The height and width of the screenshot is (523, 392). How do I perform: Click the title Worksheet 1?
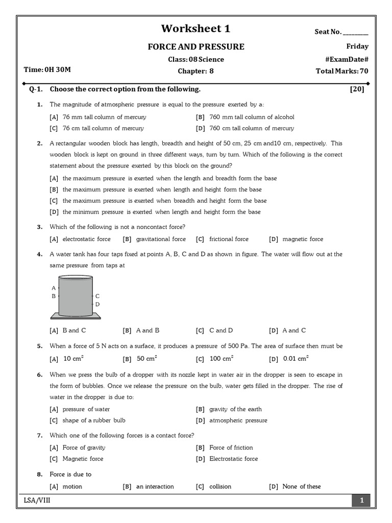coord(195,29)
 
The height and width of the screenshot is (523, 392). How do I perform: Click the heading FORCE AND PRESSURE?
coord(196,47)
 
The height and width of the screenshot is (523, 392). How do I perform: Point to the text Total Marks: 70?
coord(342,71)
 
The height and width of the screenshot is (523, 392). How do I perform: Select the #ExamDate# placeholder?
coord(347,59)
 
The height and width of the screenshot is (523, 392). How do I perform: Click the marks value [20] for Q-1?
coord(357,89)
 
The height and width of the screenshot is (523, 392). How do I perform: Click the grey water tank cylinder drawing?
coord(76,296)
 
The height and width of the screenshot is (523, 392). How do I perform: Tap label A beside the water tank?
coord(54,288)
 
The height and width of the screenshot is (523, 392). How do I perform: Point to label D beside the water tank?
coord(97,304)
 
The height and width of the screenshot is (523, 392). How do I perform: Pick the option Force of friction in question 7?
coord(231,447)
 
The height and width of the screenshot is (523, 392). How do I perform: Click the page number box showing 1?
coord(361,501)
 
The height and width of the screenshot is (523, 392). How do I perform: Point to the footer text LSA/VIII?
coord(37,501)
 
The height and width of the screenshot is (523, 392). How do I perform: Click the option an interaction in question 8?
coord(155,486)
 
